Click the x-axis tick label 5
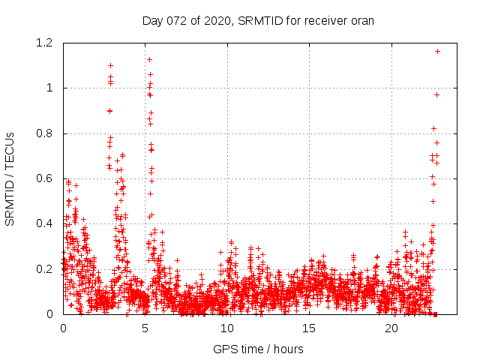tap(145, 328)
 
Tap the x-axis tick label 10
tap(227, 328)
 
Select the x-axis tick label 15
tap(309, 328)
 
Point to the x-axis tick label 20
tap(391, 328)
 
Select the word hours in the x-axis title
tap(289, 349)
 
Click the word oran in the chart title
tap(362, 20)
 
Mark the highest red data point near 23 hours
tap(437, 51)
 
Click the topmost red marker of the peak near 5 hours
tap(149, 59)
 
